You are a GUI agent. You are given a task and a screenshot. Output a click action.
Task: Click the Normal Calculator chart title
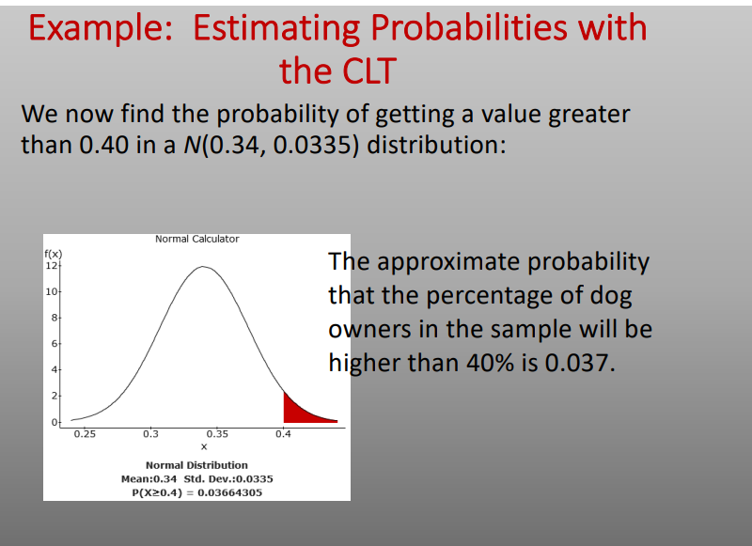pyautogui.click(x=196, y=239)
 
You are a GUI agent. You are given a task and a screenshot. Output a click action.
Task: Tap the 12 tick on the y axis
pyautogui.click(x=52, y=266)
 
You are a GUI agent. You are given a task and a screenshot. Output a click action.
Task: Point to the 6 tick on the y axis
pyautogui.click(x=54, y=345)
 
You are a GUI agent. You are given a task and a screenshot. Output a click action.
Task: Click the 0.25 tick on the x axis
pyautogui.click(x=85, y=434)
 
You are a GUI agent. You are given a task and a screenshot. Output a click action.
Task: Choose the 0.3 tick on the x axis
pyautogui.click(x=150, y=434)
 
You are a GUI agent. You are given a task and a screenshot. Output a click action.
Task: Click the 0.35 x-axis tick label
pyautogui.click(x=216, y=434)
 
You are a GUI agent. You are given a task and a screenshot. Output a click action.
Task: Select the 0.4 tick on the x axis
pyautogui.click(x=283, y=434)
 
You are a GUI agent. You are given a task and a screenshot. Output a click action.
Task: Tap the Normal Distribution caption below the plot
pyautogui.click(x=196, y=465)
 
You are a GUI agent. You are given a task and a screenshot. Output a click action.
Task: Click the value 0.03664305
pyautogui.click(x=228, y=491)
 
